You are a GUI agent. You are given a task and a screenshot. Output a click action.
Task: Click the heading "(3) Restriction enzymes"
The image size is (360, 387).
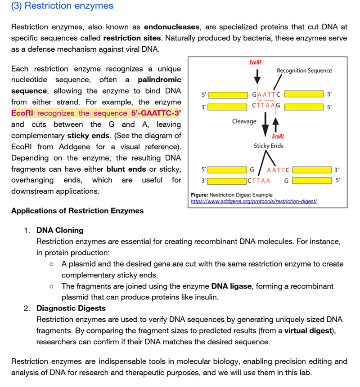click(62, 6)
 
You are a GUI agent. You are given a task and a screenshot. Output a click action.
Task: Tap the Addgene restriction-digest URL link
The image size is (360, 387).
click(254, 201)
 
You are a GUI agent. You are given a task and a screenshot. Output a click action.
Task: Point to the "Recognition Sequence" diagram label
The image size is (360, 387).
click(304, 71)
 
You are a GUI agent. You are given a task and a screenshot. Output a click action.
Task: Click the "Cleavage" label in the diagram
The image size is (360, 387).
click(244, 121)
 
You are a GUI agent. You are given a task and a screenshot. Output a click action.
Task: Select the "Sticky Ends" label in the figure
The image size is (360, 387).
click(269, 146)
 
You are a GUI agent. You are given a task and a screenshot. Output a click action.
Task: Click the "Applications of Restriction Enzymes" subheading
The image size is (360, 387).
click(77, 211)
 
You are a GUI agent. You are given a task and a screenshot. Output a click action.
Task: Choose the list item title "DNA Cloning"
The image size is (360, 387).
click(60, 230)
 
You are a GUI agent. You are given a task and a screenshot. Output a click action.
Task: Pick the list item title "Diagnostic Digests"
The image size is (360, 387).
click(71, 308)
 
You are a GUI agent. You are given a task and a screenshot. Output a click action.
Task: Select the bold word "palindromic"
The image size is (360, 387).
click(159, 80)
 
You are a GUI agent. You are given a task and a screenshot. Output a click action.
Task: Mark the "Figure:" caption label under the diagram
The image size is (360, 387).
click(200, 195)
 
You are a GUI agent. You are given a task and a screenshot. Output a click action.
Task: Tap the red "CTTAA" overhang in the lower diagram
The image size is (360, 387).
click(259, 181)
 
